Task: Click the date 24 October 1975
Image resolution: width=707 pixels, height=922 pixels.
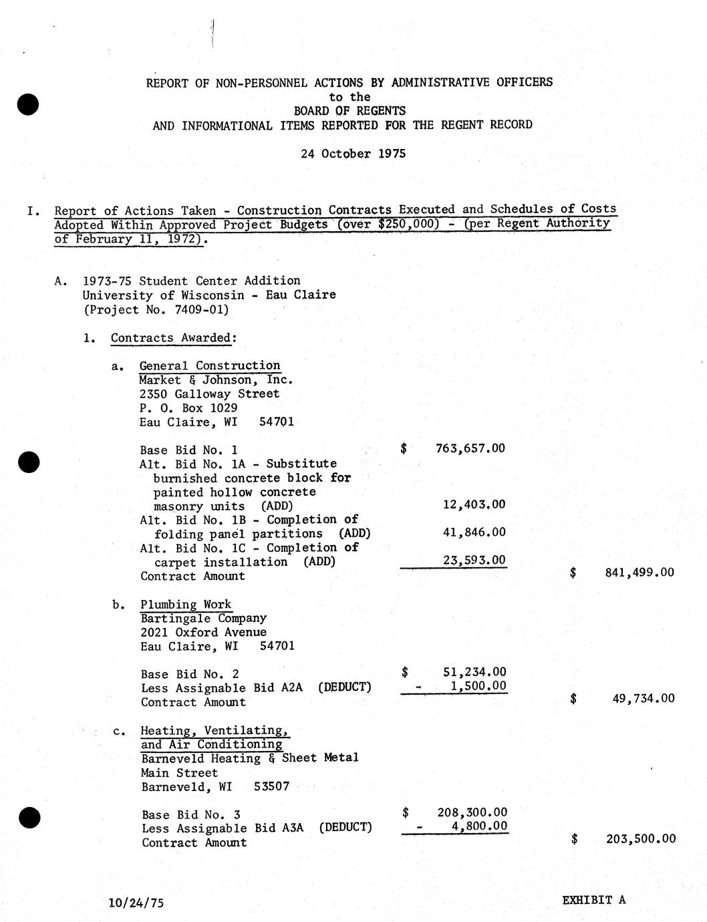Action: pos(353,154)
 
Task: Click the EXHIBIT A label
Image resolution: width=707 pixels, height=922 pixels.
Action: pos(593,899)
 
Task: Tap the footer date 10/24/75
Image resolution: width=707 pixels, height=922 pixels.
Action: pos(136,903)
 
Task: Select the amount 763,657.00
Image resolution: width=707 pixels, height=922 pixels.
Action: pos(470,448)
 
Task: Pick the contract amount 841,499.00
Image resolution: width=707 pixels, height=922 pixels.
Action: pos(639,573)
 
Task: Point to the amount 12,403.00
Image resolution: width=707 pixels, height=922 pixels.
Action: pos(474,504)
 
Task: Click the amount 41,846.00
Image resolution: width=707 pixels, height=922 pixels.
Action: pos(474,532)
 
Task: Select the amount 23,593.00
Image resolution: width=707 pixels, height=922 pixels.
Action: pos(474,560)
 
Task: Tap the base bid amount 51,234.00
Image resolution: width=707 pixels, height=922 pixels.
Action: pos(474,672)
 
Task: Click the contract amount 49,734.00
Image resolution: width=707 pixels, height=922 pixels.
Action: pos(643,699)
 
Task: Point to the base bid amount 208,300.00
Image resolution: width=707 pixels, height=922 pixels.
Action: pos(472,812)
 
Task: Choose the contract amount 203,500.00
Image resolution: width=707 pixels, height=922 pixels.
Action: pos(640,839)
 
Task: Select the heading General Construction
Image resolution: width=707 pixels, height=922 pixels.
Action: pos(210,365)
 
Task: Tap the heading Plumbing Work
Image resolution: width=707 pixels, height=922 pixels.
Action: pos(186,605)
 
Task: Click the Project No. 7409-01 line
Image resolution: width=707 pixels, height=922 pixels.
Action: pos(156,309)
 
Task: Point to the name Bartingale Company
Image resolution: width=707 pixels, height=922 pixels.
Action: pos(204,619)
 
